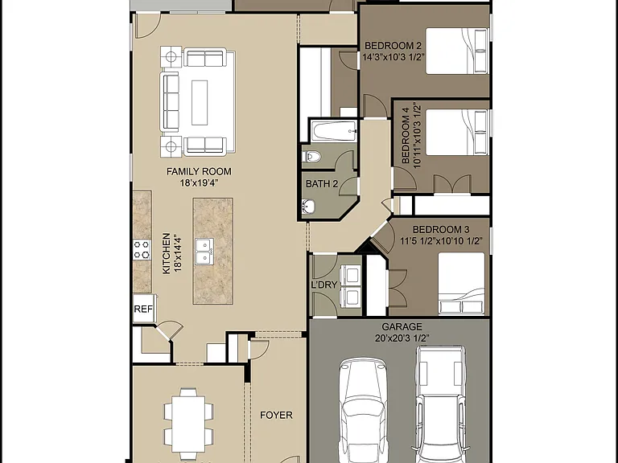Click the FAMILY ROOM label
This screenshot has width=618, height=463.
[x=199, y=172]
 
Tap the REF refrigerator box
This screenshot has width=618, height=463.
[x=143, y=309]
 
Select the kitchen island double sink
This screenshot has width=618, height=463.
[x=204, y=252]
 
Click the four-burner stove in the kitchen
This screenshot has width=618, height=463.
[x=142, y=250]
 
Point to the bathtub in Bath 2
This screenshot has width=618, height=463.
[x=334, y=131]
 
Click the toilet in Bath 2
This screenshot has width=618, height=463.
[x=311, y=157]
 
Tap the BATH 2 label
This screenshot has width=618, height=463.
[x=322, y=184]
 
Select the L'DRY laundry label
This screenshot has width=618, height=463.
[x=324, y=285]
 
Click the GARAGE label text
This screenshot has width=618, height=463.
[x=402, y=327]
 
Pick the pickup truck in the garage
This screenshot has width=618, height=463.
[x=440, y=404]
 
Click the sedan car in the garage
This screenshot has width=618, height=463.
[x=363, y=411]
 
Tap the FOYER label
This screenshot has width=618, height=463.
[x=276, y=415]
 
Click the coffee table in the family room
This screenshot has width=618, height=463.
[x=200, y=103]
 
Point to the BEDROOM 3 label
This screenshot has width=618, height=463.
[x=441, y=230]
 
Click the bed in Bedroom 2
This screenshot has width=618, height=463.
[x=457, y=51]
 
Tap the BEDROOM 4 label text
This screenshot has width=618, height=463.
[x=406, y=135]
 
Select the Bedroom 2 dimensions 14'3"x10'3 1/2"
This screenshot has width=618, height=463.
[x=393, y=57]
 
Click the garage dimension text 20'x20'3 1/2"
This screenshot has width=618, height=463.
[x=402, y=338]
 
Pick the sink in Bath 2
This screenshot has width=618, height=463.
[x=309, y=207]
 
